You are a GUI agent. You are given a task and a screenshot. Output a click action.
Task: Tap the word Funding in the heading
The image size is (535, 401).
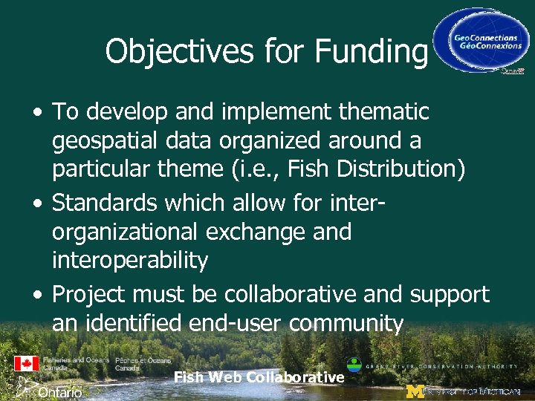pyautogui.click(x=371, y=52)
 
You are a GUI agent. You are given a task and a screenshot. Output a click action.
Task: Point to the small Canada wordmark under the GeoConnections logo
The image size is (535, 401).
pyautogui.click(x=512, y=72)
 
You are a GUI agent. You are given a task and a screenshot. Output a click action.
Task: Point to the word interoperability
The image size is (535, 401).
pyautogui.click(x=130, y=260)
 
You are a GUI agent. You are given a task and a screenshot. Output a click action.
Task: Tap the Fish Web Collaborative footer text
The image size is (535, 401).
pyautogui.click(x=259, y=377)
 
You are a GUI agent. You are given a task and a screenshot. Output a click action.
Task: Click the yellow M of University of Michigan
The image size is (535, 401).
pyautogui.click(x=415, y=391)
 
